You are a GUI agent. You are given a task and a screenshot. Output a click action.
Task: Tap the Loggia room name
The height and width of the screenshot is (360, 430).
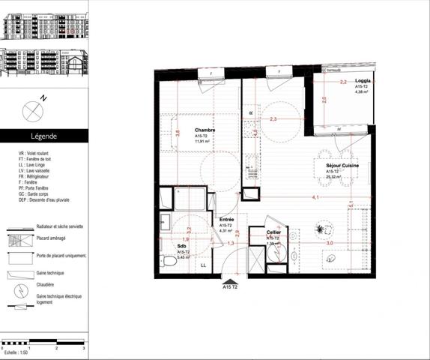(363, 80)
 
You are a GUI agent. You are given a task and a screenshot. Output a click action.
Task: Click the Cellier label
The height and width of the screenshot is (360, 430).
(274, 233)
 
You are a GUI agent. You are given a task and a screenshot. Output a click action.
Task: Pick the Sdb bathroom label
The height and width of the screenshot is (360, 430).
(182, 245)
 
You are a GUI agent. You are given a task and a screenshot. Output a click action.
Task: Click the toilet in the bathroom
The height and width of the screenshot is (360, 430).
(169, 262)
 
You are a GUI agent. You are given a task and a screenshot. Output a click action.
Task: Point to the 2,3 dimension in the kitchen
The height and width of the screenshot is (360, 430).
(273, 118)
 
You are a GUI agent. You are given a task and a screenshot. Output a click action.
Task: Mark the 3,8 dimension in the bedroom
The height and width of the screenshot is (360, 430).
(178, 133)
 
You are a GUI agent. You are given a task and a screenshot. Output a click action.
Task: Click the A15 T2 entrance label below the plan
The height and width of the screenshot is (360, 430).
(230, 286)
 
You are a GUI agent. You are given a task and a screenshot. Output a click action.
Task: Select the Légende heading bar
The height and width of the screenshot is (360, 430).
(43, 136)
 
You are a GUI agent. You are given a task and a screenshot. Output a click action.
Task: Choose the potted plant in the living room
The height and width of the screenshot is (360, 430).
(323, 227)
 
